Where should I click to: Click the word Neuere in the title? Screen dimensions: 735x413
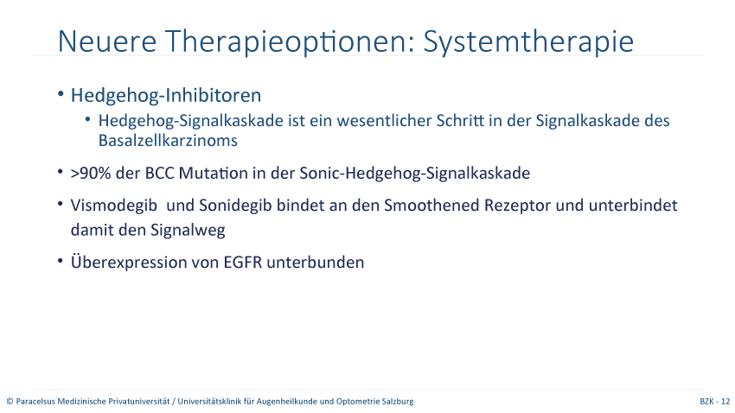click(107, 41)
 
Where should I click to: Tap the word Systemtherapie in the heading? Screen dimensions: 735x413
click(528, 42)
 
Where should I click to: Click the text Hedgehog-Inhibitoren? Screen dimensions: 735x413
click(166, 96)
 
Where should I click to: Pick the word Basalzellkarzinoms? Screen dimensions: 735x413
click(168, 141)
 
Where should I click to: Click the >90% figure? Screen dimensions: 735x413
click(91, 174)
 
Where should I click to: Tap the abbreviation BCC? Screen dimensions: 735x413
click(159, 174)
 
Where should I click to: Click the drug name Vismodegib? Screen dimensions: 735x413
click(114, 206)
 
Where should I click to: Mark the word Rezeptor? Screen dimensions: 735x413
click(517, 206)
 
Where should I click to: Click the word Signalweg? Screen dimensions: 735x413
click(188, 231)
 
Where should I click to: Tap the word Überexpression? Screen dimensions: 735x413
click(120, 262)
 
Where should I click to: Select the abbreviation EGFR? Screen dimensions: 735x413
click(242, 262)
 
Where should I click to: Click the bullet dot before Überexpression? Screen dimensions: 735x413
click(60, 260)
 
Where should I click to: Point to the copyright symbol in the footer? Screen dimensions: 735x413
click(10, 402)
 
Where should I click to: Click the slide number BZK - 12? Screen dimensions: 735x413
click(715, 402)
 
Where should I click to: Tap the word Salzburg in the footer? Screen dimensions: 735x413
click(399, 402)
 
